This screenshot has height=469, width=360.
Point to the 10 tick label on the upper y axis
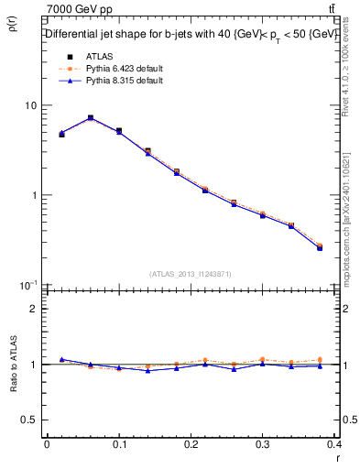click(30, 105)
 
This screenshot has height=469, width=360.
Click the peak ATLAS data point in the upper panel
click(91, 118)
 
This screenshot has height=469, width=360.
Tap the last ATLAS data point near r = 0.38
click(320, 247)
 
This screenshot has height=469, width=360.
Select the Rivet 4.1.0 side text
click(351, 78)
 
